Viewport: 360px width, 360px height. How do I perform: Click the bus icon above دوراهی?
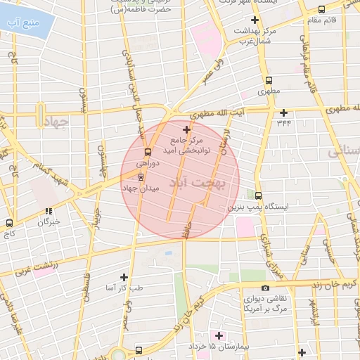coord(148,152)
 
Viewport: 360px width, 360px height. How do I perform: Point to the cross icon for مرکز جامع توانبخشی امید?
coord(186,129)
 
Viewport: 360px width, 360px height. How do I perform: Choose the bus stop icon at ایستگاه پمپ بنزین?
coord(259,195)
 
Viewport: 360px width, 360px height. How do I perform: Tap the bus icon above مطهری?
coord(269,80)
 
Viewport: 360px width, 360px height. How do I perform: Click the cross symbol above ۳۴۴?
coord(283,112)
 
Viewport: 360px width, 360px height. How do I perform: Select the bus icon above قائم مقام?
coord(321,10)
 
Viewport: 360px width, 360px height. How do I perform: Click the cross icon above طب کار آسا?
coord(124,277)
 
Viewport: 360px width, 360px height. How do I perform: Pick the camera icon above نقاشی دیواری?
coord(264,288)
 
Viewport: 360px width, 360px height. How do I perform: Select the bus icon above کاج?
coord(9,223)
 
